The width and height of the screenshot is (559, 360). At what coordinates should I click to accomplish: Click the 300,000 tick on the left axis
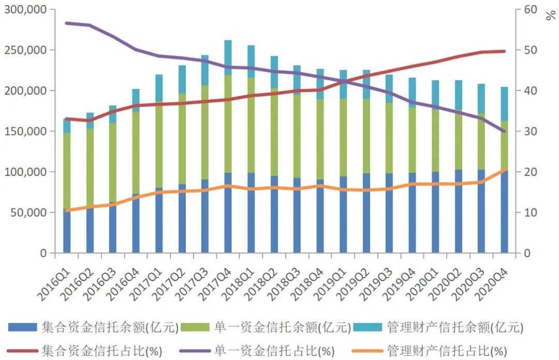coord(25,9)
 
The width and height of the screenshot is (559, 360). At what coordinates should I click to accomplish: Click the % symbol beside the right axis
coord(550,15)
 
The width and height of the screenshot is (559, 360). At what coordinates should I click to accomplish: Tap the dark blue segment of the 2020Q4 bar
coord(504,212)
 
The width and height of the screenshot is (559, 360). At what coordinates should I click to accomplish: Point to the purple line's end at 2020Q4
coord(504,131)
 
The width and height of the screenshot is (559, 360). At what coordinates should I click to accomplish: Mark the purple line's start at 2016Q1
coord(67,23)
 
